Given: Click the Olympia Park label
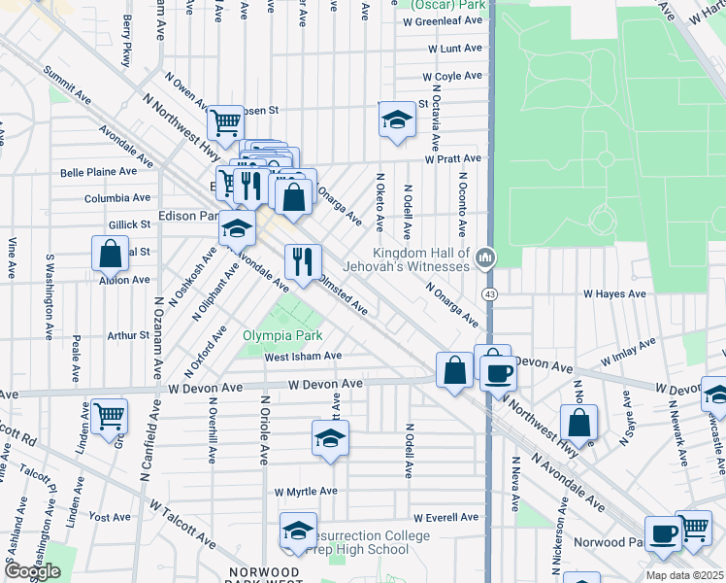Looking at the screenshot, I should coord(281,335).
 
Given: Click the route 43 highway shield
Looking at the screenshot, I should coord(488,292).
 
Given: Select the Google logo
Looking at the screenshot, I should coord(32,571).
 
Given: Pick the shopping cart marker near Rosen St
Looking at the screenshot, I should coord(225,122).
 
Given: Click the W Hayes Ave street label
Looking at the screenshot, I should coord(614,293).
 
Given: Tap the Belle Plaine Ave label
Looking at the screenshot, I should coord(98,172).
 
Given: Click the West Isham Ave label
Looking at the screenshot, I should coord(303,357).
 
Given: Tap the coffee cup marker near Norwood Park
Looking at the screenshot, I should coord(664,533).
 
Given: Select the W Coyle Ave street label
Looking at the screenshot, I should coord(452,76).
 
